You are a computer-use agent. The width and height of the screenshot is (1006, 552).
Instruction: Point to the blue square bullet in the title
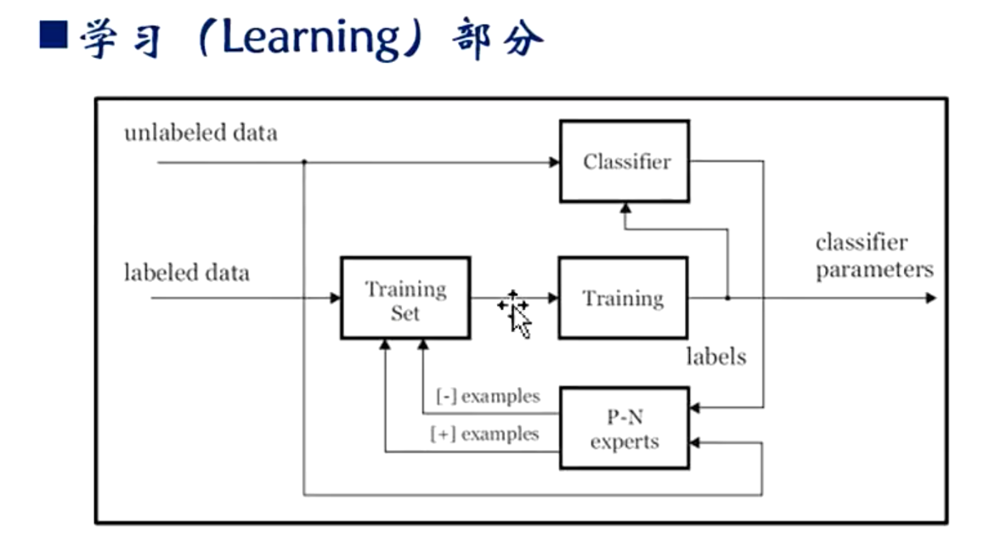(x=54, y=35)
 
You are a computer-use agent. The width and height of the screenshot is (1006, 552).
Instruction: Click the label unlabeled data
(x=201, y=132)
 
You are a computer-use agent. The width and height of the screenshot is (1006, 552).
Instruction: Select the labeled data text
(x=187, y=273)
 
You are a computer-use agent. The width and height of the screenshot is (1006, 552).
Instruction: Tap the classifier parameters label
(x=874, y=256)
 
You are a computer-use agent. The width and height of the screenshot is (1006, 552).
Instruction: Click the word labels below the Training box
(x=716, y=357)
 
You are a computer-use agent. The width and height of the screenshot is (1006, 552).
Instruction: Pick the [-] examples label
(x=488, y=397)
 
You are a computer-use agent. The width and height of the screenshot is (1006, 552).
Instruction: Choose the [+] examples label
(x=484, y=434)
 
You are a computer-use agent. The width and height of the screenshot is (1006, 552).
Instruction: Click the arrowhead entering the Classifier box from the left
(x=554, y=162)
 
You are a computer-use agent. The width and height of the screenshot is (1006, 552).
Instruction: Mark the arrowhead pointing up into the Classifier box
(x=625, y=208)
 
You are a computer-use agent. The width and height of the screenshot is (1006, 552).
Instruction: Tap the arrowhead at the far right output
(x=931, y=298)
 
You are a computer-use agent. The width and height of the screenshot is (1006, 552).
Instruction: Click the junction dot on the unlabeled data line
(x=304, y=162)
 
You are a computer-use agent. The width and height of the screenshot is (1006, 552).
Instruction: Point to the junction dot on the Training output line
(x=727, y=298)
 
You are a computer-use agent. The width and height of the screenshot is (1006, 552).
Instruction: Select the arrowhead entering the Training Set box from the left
(x=335, y=298)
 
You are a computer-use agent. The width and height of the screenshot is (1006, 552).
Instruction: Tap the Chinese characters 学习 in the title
(x=122, y=40)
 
